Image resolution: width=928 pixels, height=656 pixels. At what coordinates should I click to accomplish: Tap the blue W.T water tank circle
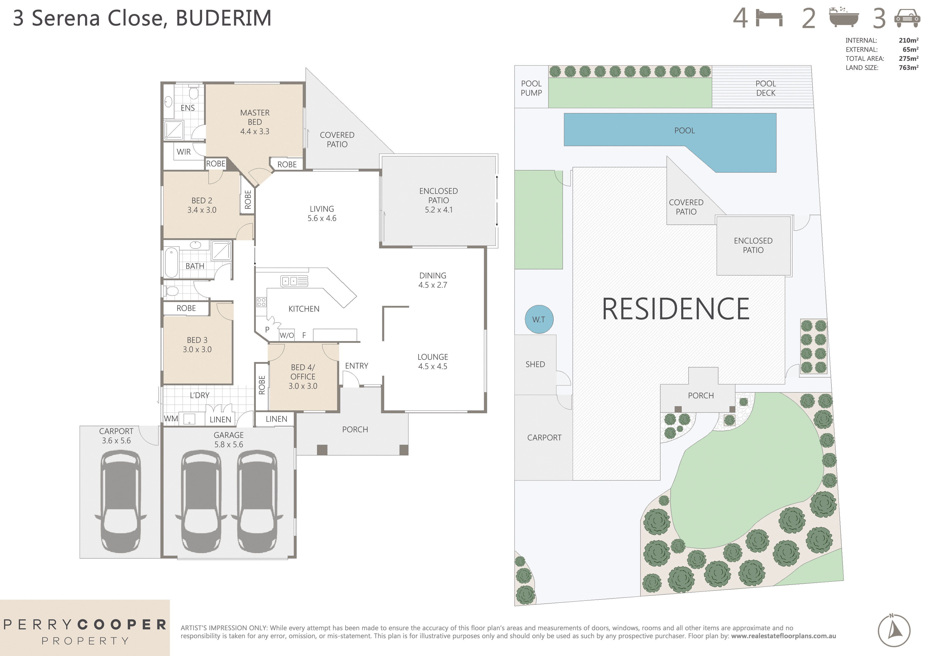point(539,319)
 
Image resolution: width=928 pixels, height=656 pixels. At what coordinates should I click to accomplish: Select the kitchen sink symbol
point(294,281)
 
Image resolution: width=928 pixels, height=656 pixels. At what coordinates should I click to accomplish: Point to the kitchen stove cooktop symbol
point(261,302)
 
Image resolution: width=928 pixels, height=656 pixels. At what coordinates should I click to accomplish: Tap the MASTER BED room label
point(255,122)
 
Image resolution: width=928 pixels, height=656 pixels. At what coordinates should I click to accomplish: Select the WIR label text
point(184,152)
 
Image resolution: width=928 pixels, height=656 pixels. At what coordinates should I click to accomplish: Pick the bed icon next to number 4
point(769,19)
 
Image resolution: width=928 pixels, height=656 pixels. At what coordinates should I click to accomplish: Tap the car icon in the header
point(907,18)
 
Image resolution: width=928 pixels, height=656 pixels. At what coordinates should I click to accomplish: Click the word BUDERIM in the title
point(224,18)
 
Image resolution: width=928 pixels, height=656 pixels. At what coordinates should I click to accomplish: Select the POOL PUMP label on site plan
point(531,88)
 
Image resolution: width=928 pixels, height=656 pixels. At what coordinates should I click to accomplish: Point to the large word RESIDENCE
point(675,309)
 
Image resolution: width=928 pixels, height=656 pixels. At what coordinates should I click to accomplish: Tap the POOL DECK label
point(766,88)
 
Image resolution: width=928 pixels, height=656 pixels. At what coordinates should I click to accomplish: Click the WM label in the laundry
point(171,419)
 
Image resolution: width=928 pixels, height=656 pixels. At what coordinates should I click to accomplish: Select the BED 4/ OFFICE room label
point(303,377)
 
